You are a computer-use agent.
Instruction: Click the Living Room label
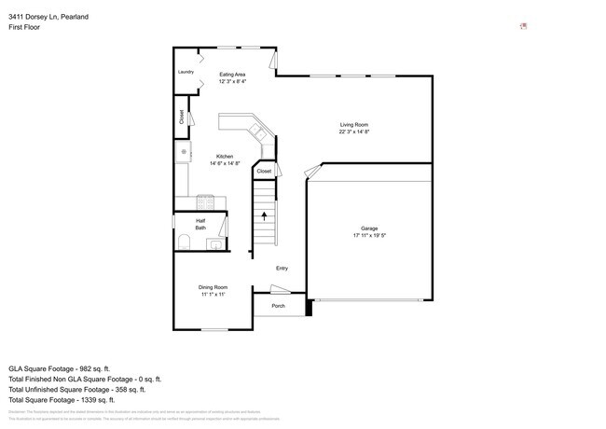pos(354,124)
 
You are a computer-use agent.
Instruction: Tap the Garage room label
pos(369,228)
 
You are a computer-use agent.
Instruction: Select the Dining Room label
pos(213,286)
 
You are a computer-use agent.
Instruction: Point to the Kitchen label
pos(225,156)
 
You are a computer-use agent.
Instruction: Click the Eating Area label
pos(232,74)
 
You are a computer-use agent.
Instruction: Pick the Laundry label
pos(186,72)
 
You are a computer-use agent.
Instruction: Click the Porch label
pos(278,306)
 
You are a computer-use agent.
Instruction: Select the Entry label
pos(282,269)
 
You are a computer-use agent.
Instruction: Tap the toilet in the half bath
pos(184,243)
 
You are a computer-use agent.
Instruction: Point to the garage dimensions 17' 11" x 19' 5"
pos(369,236)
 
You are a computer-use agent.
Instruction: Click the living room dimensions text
pos(354,131)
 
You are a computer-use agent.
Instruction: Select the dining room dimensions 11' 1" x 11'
pos(213,294)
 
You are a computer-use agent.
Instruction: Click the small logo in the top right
pos(524,26)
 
